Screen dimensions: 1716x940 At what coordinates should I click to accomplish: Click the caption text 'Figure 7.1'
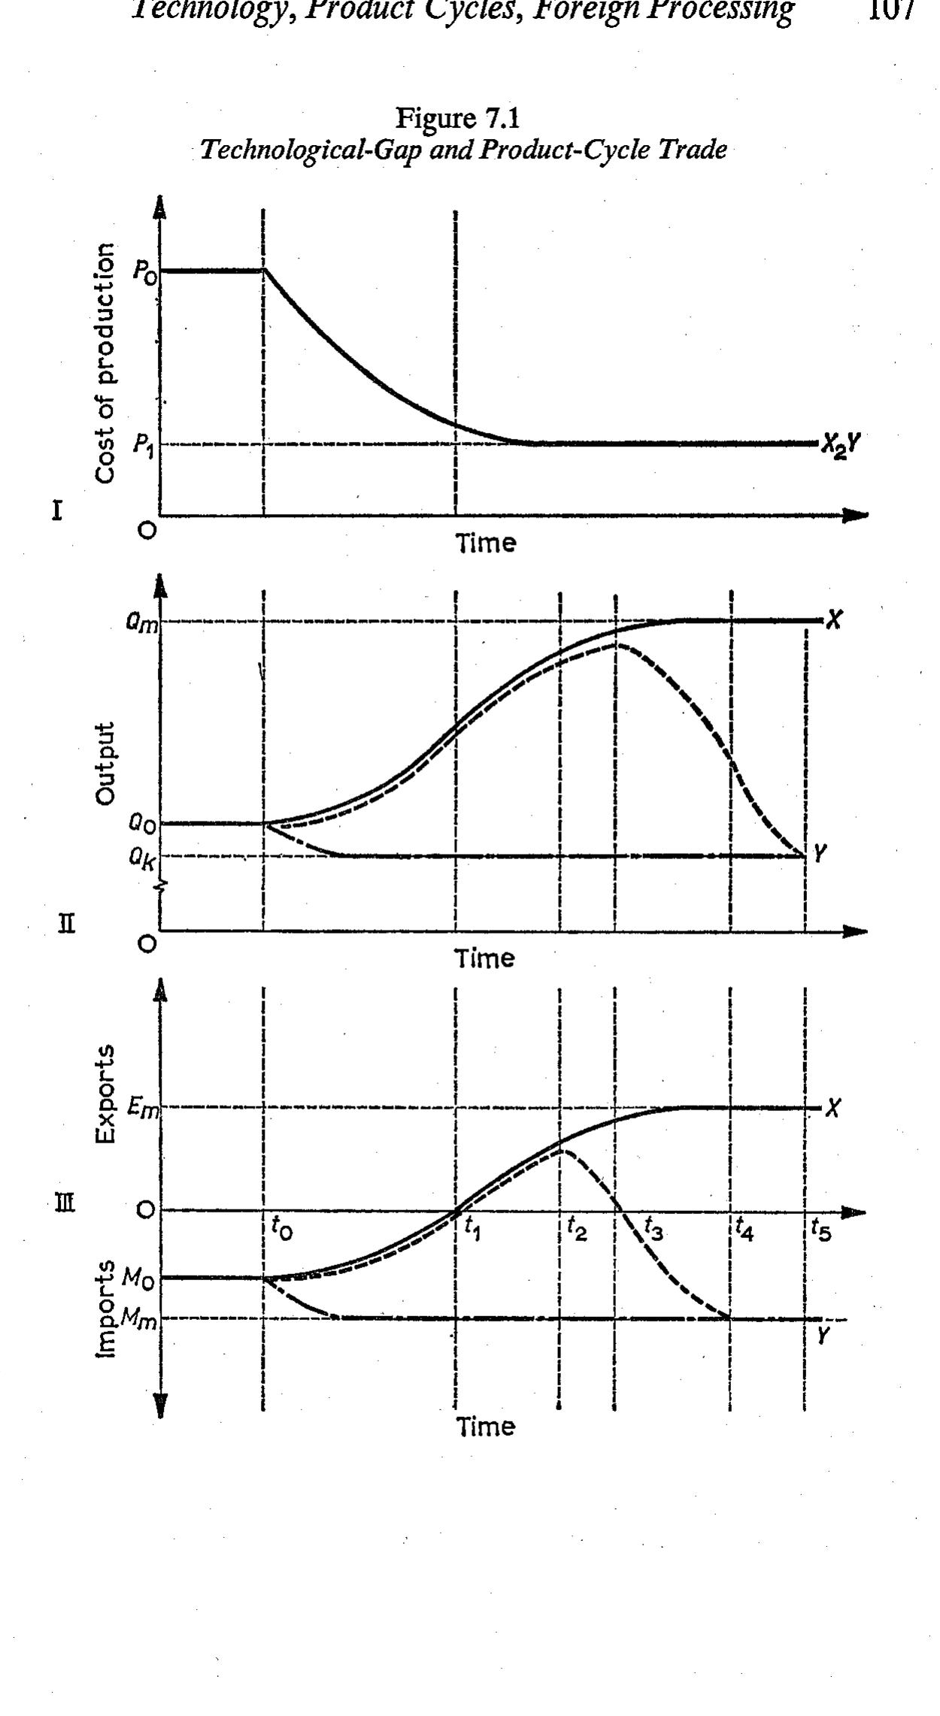[458, 118]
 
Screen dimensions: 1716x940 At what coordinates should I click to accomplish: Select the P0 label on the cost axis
[144, 271]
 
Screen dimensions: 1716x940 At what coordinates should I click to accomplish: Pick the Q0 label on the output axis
[142, 825]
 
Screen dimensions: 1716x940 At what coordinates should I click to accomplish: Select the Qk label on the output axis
[142, 858]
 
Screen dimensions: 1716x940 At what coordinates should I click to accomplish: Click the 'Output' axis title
[107, 764]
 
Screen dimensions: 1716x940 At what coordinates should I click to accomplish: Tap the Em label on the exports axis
[143, 1109]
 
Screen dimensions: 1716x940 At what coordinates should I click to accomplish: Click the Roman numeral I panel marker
[56, 512]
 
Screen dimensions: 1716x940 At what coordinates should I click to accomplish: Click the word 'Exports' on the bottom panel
[107, 1094]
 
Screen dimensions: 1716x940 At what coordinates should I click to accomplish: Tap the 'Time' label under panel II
[486, 958]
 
